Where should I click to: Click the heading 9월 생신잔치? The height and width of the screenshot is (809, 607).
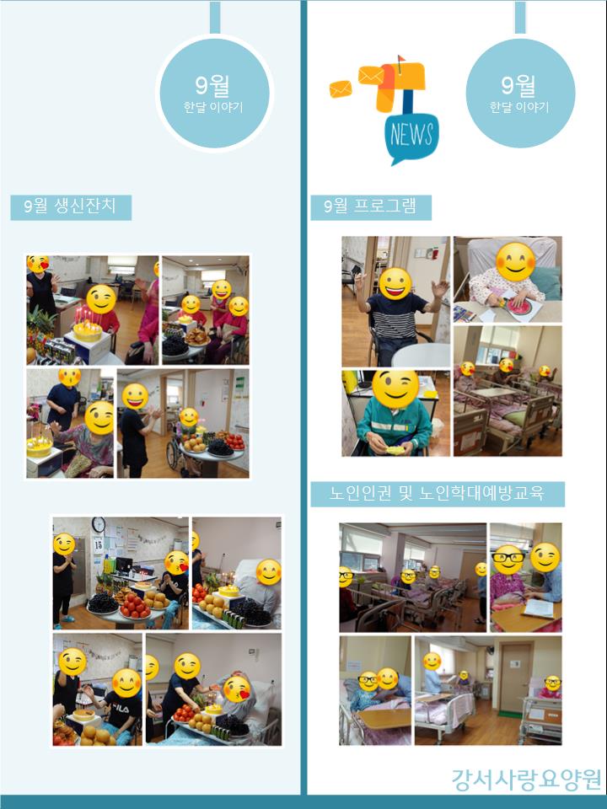click(71, 207)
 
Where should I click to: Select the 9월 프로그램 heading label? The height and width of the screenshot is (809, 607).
click(371, 207)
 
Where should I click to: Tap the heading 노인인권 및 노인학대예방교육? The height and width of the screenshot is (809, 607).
click(438, 494)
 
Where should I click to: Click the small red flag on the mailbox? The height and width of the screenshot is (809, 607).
click(401, 58)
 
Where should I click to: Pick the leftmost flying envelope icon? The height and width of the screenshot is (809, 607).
click(341, 89)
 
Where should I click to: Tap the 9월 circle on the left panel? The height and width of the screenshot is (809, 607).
click(212, 94)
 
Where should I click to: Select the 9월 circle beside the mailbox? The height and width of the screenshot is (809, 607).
click(520, 94)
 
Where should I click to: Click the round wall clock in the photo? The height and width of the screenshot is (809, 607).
click(98, 525)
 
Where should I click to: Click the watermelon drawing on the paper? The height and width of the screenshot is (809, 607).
click(521, 306)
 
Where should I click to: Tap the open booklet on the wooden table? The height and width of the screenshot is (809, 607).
click(539, 608)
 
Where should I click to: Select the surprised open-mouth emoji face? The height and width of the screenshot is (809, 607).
click(69, 377)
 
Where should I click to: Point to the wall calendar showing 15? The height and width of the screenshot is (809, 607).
click(98, 544)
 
